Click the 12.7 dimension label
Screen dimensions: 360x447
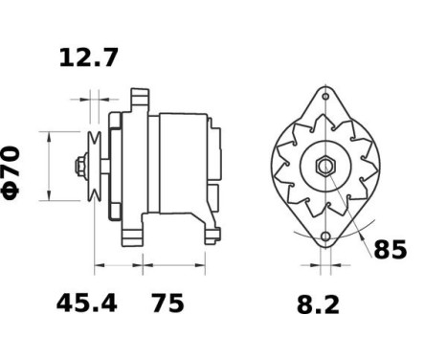[x=89, y=58]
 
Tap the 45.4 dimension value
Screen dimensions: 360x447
[x=85, y=304]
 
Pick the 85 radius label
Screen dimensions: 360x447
[x=390, y=251]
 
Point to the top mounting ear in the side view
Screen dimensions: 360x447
[x=140, y=97]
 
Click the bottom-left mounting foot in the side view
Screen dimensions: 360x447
[x=133, y=234]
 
